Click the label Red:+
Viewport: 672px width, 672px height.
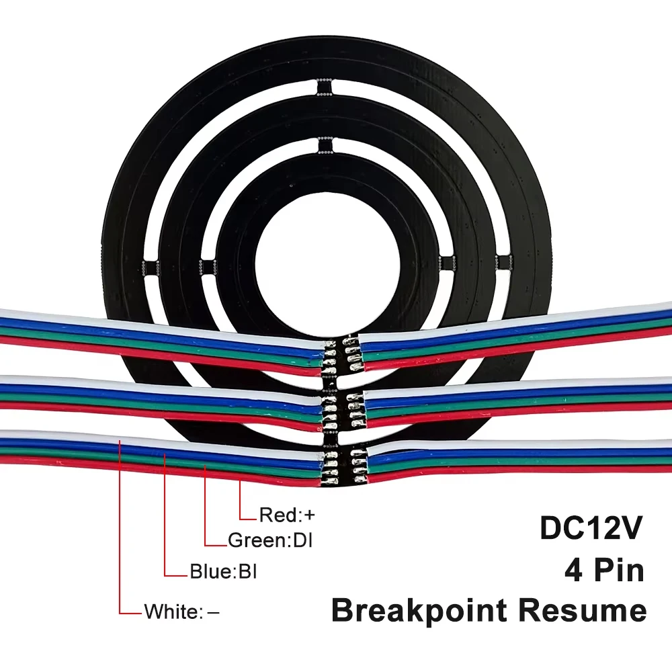tap(287, 515)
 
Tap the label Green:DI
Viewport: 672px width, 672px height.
tap(271, 540)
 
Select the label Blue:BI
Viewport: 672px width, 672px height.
tap(223, 573)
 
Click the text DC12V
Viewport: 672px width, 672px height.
tap(592, 528)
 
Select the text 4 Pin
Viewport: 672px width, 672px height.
tap(603, 570)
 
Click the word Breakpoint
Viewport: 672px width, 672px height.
tap(419, 611)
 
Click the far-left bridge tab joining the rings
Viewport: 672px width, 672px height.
tap(151, 267)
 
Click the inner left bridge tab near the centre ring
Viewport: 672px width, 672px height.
tap(208, 267)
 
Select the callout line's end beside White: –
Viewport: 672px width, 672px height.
tap(140, 613)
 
